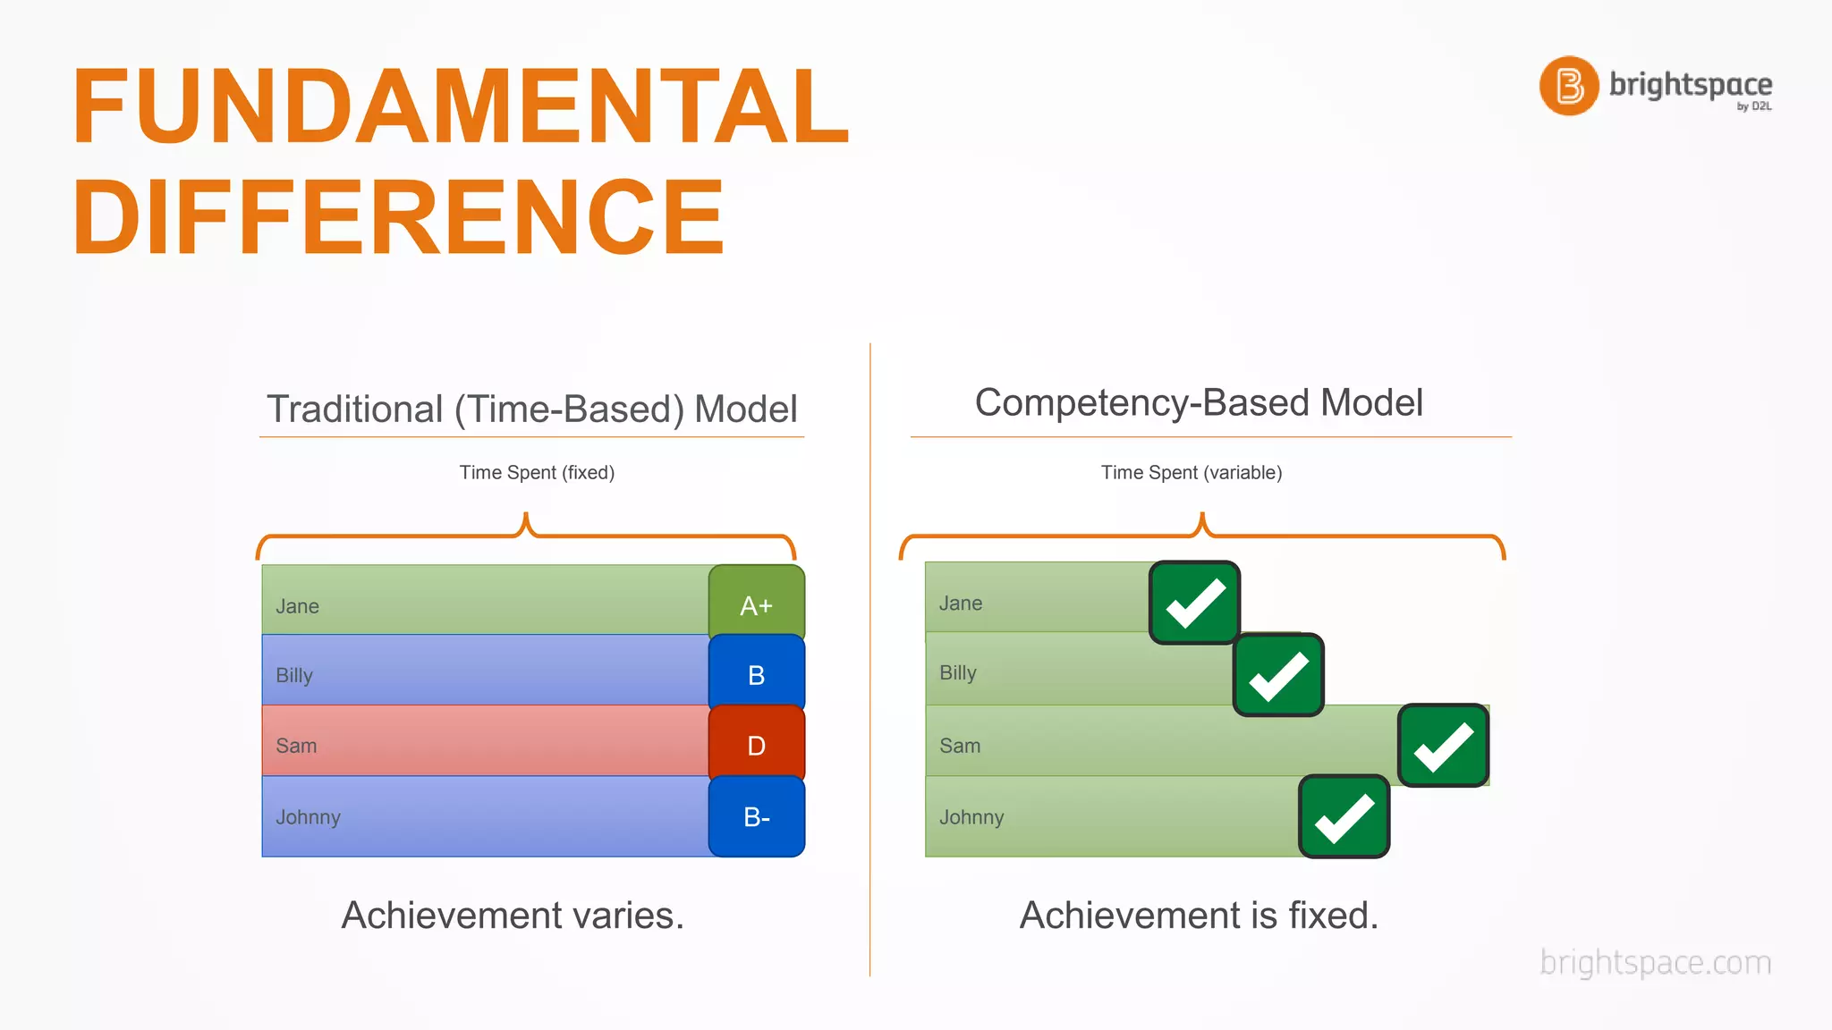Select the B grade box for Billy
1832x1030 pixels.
[756, 674]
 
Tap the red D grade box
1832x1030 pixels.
[756, 744]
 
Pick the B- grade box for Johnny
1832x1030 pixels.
[756, 816]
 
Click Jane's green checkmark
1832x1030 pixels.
[1194, 604]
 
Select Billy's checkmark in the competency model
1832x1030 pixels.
[1278, 675]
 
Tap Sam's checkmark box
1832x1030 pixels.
[1443, 745]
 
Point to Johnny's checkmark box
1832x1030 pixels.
[1344, 816]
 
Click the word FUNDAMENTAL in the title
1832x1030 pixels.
[460, 107]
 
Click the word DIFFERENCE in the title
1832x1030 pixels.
[398, 217]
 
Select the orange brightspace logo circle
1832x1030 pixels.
[1568, 86]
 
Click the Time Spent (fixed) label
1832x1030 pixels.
[537, 472]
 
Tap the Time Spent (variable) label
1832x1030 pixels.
[1191, 472]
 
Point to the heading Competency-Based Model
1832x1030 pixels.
[1198, 402]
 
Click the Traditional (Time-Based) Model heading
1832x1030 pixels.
[531, 409]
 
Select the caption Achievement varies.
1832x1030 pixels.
[513, 915]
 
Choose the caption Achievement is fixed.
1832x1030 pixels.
[1199, 915]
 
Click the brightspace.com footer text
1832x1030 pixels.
[1655, 962]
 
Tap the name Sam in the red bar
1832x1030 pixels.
[296, 746]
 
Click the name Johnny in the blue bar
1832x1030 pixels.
[308, 817]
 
